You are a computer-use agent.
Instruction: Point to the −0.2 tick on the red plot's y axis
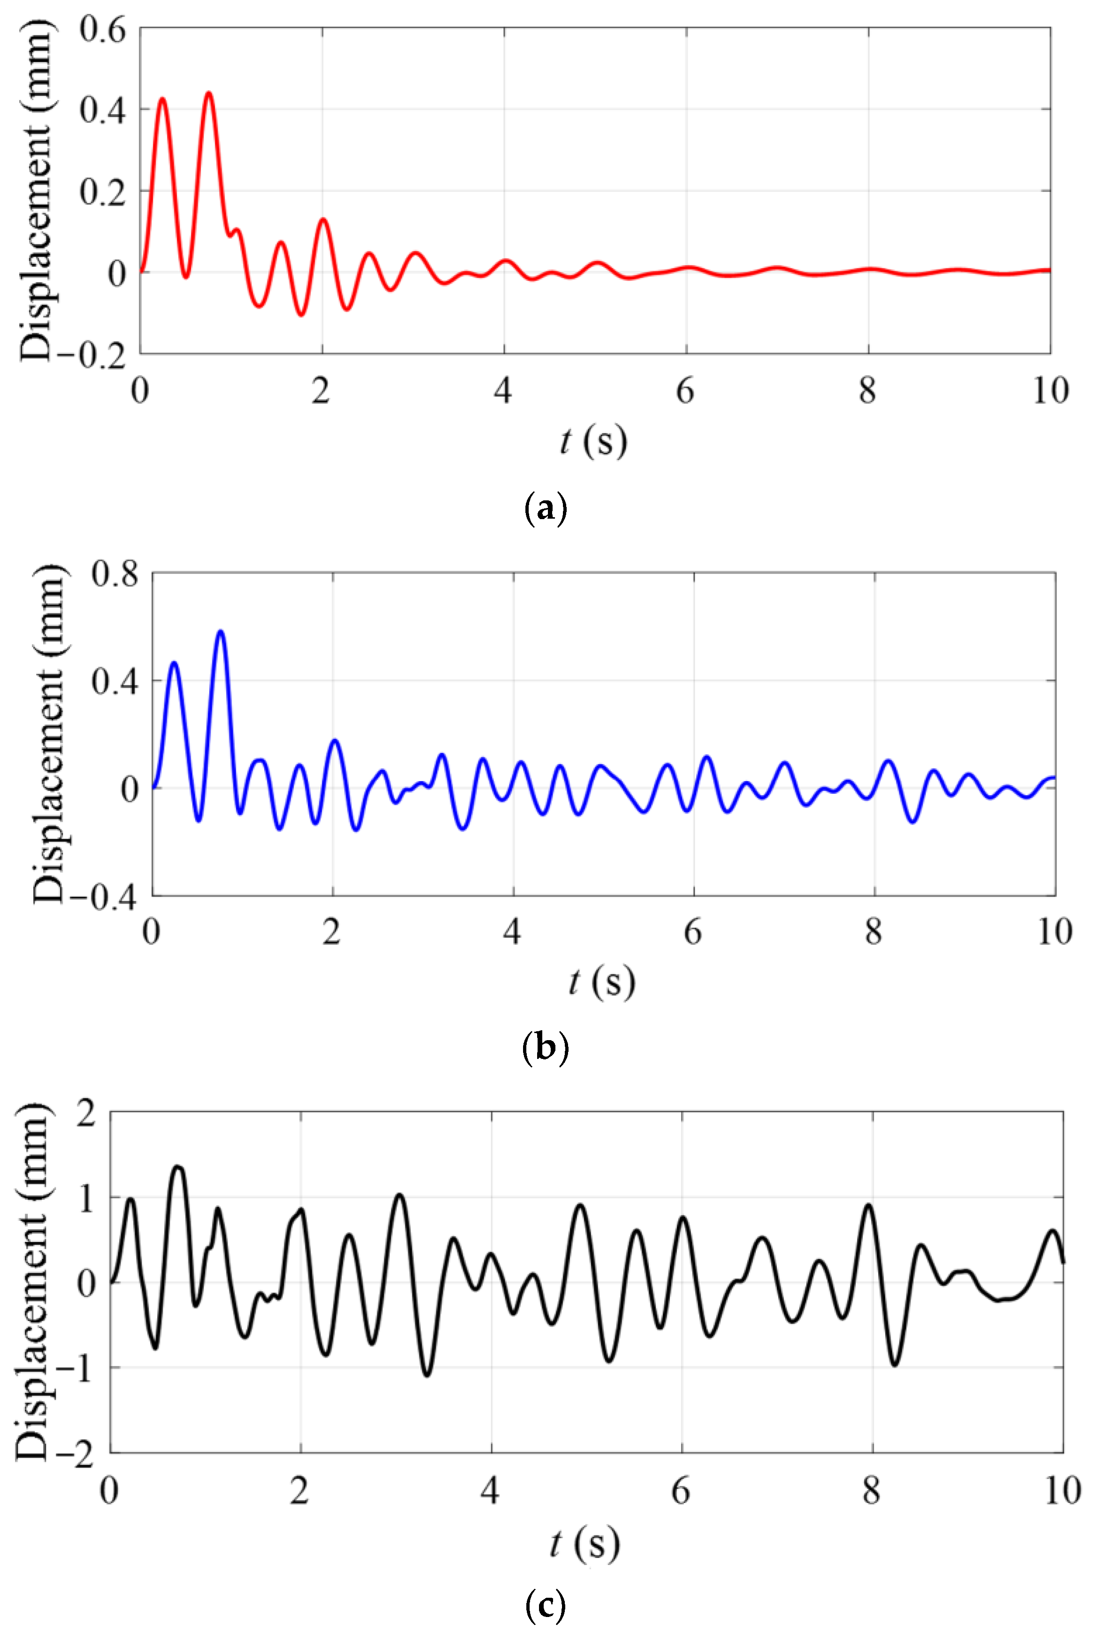92,356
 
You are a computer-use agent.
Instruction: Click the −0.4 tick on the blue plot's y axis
103,897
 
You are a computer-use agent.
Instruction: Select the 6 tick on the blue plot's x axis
693,932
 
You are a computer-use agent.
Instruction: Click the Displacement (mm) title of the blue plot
50,734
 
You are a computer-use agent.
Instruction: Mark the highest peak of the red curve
208,93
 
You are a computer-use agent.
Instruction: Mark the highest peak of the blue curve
221,631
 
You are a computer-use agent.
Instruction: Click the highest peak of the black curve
178,1166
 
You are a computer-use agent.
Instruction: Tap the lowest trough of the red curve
301,315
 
